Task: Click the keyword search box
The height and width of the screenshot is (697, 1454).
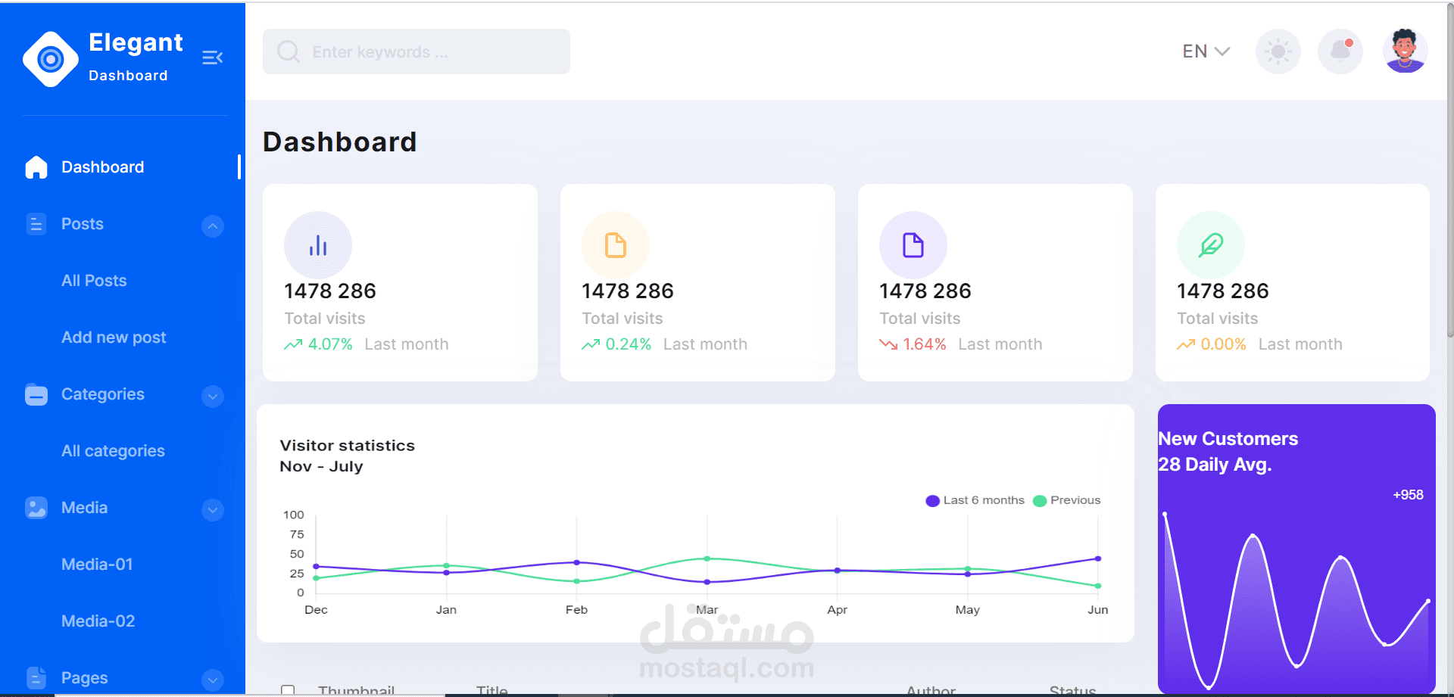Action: tap(416, 51)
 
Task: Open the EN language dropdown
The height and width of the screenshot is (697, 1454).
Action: tap(1205, 51)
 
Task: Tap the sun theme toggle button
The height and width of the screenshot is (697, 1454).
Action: tap(1278, 51)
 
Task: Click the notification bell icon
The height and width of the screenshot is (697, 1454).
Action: tap(1340, 51)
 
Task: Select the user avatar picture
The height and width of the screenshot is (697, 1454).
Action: tap(1405, 51)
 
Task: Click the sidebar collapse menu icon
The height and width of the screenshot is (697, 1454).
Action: tap(212, 58)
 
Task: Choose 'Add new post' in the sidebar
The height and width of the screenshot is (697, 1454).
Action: tap(114, 338)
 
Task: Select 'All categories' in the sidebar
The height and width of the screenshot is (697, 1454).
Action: tap(113, 451)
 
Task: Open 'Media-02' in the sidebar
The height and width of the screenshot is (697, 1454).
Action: tap(98, 621)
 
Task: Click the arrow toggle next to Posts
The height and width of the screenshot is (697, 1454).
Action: tap(213, 226)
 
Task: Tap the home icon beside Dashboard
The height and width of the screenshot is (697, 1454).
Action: tap(36, 167)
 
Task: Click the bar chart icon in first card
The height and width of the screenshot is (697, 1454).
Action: tap(318, 245)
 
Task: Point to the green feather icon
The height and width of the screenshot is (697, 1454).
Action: tap(1210, 245)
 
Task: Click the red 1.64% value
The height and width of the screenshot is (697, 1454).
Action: tap(924, 344)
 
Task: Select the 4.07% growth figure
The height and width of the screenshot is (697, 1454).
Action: tap(330, 344)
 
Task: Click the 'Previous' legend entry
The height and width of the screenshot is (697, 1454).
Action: tap(1067, 500)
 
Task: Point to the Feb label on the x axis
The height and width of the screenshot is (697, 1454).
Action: tap(576, 610)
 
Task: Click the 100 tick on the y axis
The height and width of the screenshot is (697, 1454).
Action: tap(293, 515)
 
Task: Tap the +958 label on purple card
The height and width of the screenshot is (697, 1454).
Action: tap(1408, 495)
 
